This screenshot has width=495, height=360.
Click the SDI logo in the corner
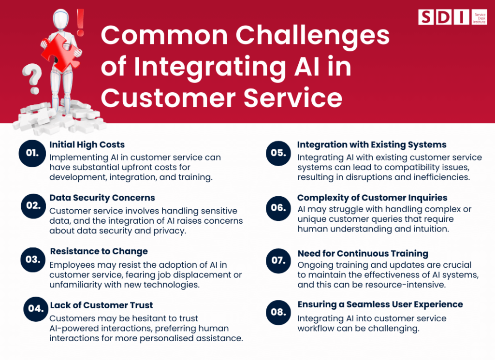(445, 16)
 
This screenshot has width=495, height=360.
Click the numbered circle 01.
(32, 153)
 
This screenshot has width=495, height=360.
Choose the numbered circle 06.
(278, 208)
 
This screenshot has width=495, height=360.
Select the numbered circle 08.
(278, 312)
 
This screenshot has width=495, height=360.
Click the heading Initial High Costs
(87, 144)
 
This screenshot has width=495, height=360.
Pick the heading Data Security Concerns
(102, 198)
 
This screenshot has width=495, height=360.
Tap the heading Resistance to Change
(99, 251)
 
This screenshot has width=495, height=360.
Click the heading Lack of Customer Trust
(102, 305)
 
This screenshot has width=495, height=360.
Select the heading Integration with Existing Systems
(371, 144)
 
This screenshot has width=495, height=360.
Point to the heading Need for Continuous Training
(363, 253)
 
